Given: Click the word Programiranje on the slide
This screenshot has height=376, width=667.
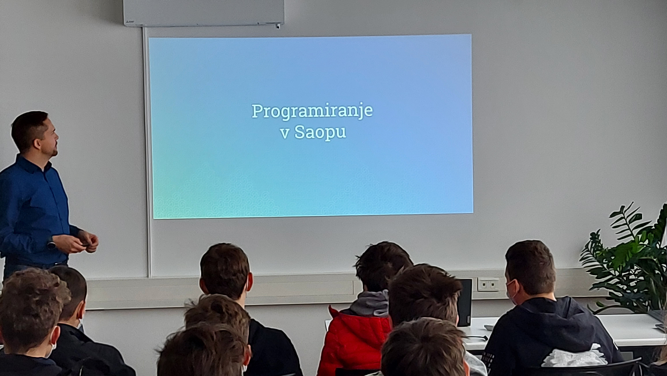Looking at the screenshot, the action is pos(312,112).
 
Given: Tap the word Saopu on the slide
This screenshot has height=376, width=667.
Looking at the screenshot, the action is pos(320,132).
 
